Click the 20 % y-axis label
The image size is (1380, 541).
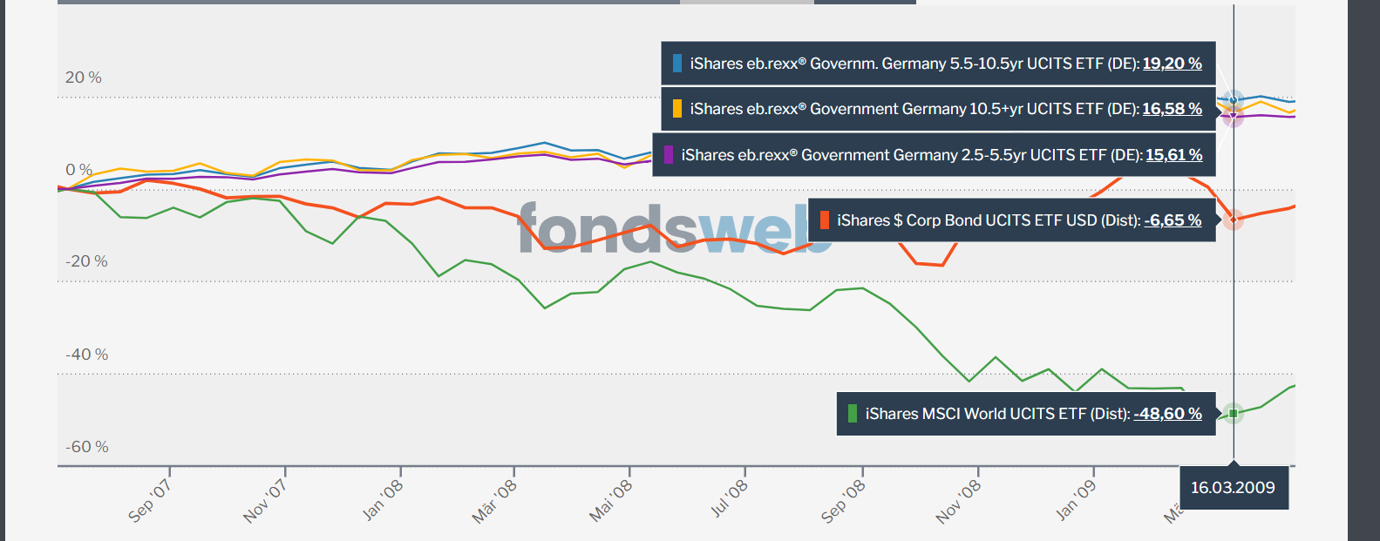(x=84, y=78)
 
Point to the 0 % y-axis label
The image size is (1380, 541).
(x=79, y=170)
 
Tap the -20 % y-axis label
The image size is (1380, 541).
(x=86, y=261)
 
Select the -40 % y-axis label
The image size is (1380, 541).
(x=87, y=355)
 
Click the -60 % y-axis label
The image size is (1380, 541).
(x=87, y=447)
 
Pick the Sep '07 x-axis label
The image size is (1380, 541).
(x=150, y=501)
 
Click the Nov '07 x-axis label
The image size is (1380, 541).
(x=265, y=501)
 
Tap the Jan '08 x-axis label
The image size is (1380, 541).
(x=383, y=500)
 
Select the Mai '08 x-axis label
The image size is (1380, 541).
(x=611, y=501)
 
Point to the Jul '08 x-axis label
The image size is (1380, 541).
(x=729, y=500)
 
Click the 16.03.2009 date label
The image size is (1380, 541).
(x=1233, y=488)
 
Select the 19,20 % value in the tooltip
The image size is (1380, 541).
(x=1172, y=64)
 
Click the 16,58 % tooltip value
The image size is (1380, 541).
(x=1172, y=109)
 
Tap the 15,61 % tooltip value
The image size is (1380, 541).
(x=1173, y=155)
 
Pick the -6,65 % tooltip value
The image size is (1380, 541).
(x=1173, y=220)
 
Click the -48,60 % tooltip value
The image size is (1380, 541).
(x=1167, y=414)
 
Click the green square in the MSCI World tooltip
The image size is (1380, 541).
(x=853, y=414)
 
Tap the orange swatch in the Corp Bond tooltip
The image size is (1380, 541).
(x=825, y=220)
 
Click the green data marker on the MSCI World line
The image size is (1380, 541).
(x=1233, y=413)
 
